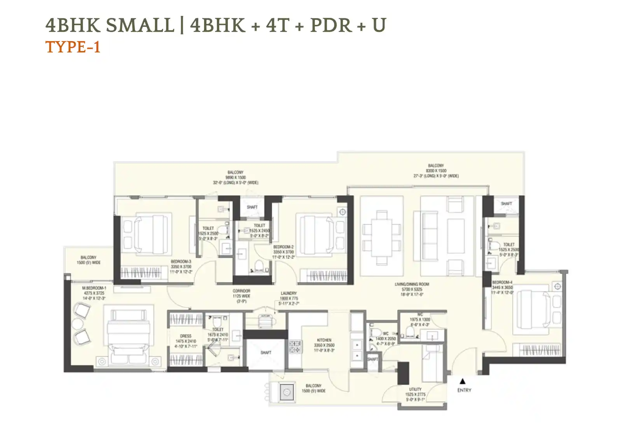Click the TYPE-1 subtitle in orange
point(73,47)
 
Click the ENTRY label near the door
point(464,390)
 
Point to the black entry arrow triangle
point(462,381)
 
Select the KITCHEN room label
point(324,340)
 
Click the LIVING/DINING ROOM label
point(412,284)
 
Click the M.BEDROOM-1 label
point(94,288)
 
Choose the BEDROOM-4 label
point(502,282)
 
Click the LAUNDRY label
point(288,293)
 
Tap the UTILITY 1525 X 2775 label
point(415,394)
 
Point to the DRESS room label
point(185,336)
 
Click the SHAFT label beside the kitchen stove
point(266,352)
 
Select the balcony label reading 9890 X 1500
point(236,177)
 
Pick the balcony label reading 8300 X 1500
point(436,171)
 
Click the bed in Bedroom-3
point(147,234)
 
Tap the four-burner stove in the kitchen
point(295,347)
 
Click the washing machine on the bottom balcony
point(287,392)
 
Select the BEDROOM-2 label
point(283,247)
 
